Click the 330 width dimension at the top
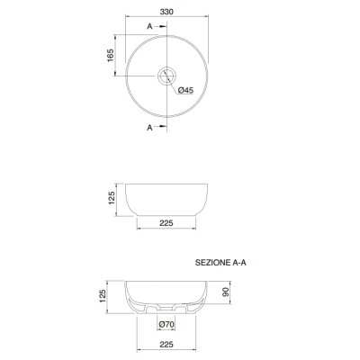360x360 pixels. coord(166,12)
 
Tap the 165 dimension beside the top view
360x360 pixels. coord(111,55)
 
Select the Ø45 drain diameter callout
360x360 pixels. coord(185,90)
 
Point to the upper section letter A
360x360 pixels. coord(149,26)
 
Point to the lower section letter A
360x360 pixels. coord(149,128)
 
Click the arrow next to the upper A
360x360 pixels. coord(161,26)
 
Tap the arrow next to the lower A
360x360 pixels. coord(161,126)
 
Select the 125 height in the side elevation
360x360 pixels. coord(112,198)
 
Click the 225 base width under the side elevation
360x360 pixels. coord(166,223)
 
